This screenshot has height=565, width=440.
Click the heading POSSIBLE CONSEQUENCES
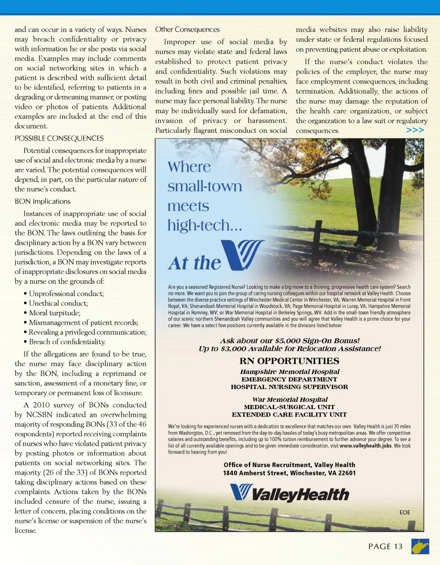coord(59,138)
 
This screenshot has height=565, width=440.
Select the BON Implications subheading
coord(43,201)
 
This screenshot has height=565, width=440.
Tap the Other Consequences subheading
coord(187,30)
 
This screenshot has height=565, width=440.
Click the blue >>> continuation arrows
coord(415,130)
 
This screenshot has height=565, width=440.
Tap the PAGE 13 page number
coord(385,546)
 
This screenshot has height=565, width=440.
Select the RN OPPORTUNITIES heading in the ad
coord(289,361)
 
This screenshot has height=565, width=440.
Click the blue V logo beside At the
coord(242,255)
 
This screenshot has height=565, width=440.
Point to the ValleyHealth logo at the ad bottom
coord(289,494)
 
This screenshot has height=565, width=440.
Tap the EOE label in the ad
coord(405,512)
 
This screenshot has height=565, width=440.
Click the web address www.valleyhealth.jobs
coord(365,445)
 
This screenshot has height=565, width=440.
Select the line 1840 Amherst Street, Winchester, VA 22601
coord(289,473)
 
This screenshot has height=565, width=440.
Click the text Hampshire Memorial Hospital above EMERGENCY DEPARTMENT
coord(290,371)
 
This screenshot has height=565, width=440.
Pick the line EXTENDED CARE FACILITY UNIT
coord(289,415)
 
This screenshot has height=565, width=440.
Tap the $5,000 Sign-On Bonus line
coord(289,341)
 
